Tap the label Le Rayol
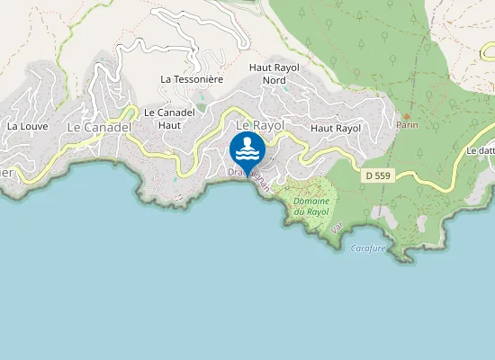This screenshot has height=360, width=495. [x=254, y=124]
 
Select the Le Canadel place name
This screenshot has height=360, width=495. [x=99, y=128]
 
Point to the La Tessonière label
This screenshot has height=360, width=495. [x=191, y=79]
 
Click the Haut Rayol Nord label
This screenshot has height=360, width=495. [x=274, y=74]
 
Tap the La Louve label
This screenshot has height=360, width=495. [x=27, y=127]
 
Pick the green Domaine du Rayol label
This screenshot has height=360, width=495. [x=311, y=206]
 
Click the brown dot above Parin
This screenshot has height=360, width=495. [x=407, y=116]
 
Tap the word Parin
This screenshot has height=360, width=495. [x=407, y=126]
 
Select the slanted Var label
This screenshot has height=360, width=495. [x=337, y=228]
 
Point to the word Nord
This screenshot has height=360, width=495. [x=274, y=80]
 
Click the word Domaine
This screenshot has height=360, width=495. [x=311, y=201]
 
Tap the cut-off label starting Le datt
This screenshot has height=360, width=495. [x=481, y=151]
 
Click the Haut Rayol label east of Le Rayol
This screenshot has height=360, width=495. [x=335, y=129]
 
